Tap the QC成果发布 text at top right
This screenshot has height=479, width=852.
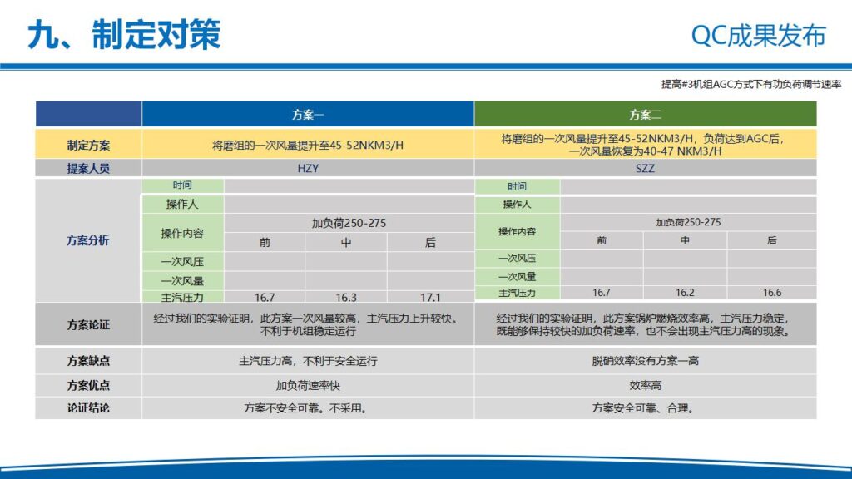pyautogui.click(x=758, y=36)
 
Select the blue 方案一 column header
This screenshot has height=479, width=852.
pyautogui.click(x=308, y=115)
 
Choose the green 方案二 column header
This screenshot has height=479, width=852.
pyautogui.click(x=645, y=115)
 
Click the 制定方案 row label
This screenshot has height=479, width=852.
pyautogui.click(x=88, y=145)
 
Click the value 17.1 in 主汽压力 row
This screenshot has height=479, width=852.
pyautogui.click(x=430, y=297)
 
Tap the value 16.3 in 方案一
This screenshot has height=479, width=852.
pyautogui.click(x=346, y=297)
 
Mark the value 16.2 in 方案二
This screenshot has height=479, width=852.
pyautogui.click(x=685, y=293)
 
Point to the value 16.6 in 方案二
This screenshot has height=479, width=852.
pyautogui.click(x=771, y=293)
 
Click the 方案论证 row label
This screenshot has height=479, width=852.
pyautogui.click(x=88, y=325)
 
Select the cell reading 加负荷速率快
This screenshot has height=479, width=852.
pyautogui.click(x=308, y=386)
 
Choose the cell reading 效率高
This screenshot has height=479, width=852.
pyautogui.click(x=645, y=386)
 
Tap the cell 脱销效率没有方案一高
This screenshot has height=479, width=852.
pyautogui.click(x=645, y=362)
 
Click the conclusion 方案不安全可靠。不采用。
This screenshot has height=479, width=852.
pyautogui.click(x=308, y=408)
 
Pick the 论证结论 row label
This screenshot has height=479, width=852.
pyautogui.click(x=88, y=408)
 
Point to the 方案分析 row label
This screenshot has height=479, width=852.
pyautogui.click(x=88, y=241)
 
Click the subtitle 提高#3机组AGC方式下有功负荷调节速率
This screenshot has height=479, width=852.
pyautogui.click(x=751, y=84)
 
